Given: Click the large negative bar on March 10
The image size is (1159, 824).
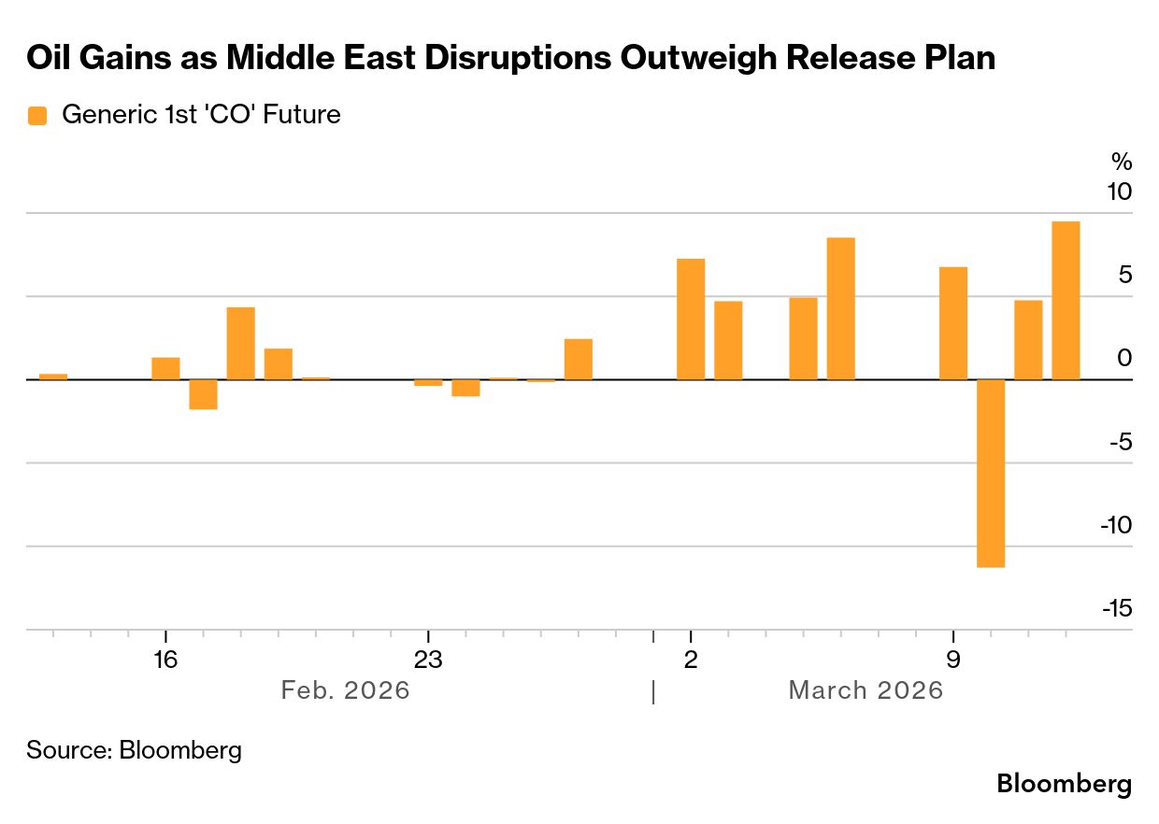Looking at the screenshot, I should coord(990,473).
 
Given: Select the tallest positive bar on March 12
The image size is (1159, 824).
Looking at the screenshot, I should coord(1066,300).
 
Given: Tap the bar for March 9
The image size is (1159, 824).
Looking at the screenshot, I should coord(952,323).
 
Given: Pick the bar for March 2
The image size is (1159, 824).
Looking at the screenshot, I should coord(690,319).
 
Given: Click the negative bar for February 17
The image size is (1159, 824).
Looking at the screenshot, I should coord(203,394).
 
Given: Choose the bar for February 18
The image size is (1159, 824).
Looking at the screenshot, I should coord(241,343).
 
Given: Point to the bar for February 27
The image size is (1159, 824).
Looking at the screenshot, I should coord(579,359).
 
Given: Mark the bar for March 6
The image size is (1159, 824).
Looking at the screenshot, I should coord(840,308).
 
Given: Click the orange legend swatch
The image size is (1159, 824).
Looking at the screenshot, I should coord(37,115).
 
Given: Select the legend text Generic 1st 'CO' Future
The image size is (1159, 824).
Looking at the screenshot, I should coord(201,115).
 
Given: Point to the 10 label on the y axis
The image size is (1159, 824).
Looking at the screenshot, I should coord(1118,192).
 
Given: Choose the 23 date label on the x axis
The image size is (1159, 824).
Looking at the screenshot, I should coord(427,659).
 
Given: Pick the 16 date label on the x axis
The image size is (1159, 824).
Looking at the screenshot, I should coord(165,659).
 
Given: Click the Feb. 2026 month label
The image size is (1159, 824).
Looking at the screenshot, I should coord(346,690).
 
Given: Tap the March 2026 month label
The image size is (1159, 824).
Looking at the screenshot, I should coord(866,690).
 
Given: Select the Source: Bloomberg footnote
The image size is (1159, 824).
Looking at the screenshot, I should coord(134,749).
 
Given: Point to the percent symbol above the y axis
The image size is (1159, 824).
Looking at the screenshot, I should coord(1122,161).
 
